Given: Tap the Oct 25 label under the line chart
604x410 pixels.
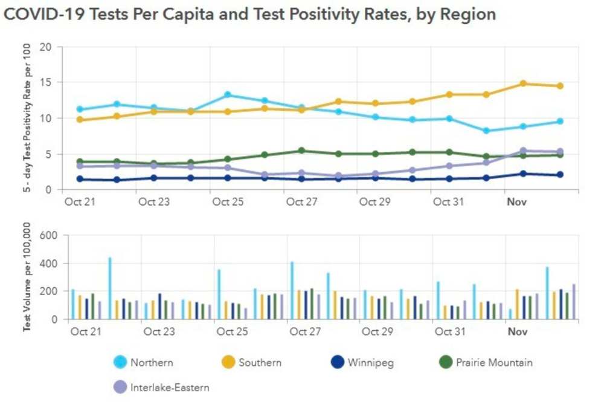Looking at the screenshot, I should tap(228, 202).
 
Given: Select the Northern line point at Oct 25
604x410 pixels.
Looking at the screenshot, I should tap(228, 95).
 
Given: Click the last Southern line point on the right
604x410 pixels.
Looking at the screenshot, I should tap(560, 86).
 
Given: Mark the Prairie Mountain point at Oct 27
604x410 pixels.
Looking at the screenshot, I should tap(302, 151).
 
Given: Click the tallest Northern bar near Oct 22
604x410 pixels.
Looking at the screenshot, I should tap(110, 288).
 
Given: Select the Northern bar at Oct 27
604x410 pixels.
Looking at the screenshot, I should tap(292, 290).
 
